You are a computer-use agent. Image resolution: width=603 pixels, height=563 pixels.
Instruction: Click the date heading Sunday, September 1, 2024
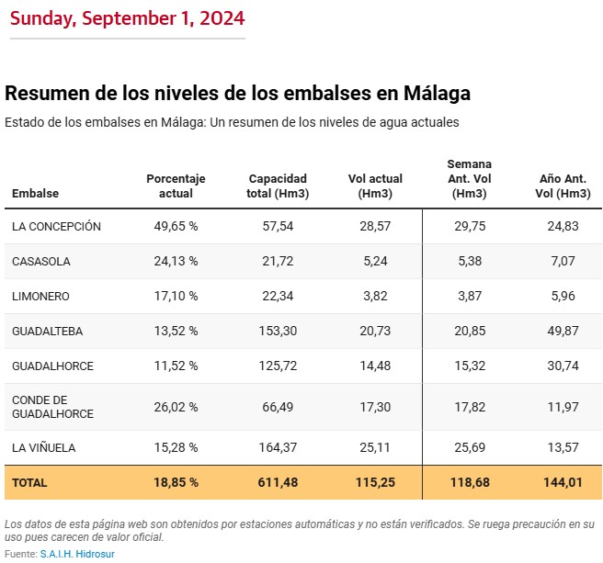[x=128, y=18]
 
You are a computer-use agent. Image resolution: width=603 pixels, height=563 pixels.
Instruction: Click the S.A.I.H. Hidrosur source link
[x=77, y=554]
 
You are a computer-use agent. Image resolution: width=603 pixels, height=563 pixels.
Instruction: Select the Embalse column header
[x=35, y=194]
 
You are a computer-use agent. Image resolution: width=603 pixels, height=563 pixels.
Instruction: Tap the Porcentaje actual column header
[x=176, y=186]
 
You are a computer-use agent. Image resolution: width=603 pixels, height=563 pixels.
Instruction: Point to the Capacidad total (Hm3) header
[x=278, y=186]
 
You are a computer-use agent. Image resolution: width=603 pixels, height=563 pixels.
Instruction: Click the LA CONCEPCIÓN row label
[x=56, y=227]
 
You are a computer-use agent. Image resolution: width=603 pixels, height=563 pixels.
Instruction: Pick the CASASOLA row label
[x=41, y=262]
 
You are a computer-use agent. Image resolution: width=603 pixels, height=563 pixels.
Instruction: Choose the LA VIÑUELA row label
[x=43, y=448]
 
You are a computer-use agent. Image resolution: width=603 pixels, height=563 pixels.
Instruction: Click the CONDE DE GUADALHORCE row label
[x=52, y=407]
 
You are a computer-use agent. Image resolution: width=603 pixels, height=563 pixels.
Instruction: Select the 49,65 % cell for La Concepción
[x=176, y=227]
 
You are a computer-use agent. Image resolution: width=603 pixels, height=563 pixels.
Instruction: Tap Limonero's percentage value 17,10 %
[x=176, y=297]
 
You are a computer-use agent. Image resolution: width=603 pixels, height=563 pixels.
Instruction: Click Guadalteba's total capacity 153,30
[x=278, y=332]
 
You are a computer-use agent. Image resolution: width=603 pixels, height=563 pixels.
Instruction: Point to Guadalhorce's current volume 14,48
[x=376, y=366]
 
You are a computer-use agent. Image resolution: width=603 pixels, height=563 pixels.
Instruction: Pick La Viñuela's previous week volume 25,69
[x=470, y=448]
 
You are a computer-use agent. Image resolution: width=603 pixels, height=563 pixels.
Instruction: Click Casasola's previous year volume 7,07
[x=562, y=262]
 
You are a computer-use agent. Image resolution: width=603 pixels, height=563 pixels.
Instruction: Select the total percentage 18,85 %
[x=176, y=482]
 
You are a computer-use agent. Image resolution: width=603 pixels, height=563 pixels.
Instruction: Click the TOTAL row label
[x=29, y=482]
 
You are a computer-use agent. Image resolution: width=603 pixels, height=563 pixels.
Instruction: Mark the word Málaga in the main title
[x=433, y=94]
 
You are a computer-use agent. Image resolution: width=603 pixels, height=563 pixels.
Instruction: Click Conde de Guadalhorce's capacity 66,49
[x=278, y=407]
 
